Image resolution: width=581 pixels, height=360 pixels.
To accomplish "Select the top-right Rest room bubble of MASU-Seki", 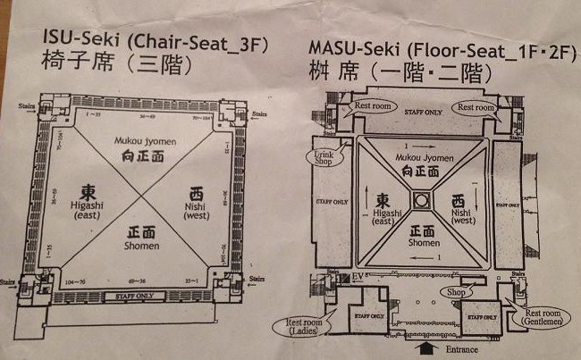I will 475,107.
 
